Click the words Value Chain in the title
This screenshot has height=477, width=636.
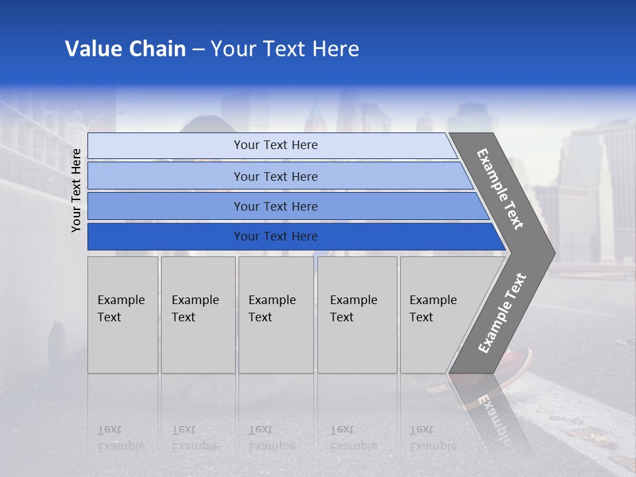(x=125, y=49)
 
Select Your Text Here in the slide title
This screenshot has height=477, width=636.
(x=285, y=49)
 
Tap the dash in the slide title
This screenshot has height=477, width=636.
(x=198, y=50)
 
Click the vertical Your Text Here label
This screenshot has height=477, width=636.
(x=76, y=190)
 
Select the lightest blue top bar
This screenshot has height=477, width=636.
(x=275, y=145)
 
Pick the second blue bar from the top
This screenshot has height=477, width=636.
(x=275, y=176)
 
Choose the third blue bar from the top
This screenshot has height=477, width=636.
(x=275, y=206)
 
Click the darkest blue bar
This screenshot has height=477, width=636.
(x=275, y=237)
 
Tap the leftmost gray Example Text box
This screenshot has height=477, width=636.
(x=123, y=315)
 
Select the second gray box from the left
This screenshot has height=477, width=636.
(x=197, y=315)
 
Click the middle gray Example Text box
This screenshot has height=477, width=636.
(x=276, y=315)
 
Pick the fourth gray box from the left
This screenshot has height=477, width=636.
(x=357, y=315)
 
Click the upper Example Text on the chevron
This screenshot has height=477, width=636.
(x=500, y=189)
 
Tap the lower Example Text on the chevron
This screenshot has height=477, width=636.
(x=502, y=313)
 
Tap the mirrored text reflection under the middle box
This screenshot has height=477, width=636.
(x=272, y=437)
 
